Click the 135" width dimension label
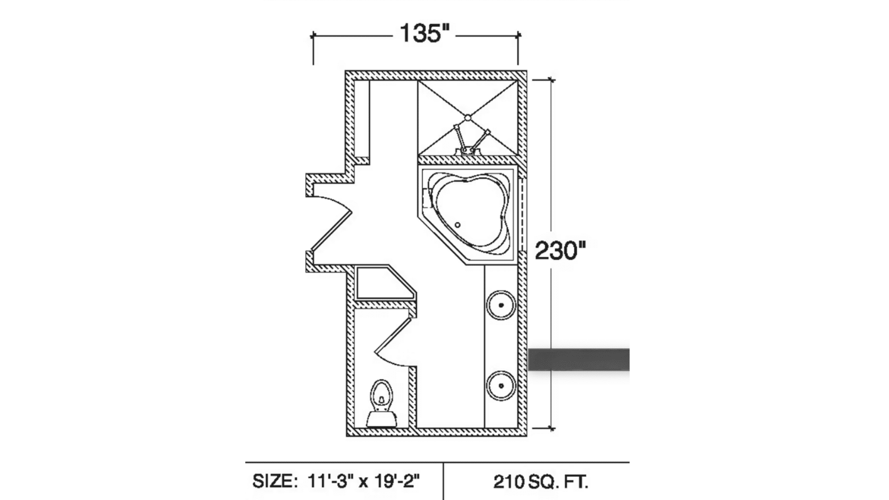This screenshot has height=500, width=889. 424,34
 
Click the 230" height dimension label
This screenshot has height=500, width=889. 560,251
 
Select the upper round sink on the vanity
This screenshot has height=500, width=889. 501,306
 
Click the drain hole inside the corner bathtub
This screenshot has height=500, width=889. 457,225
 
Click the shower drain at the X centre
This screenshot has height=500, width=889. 468,118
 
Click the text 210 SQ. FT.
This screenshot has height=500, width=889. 540,482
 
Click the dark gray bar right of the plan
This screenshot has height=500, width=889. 579,360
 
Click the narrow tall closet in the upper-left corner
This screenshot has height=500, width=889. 363,118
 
